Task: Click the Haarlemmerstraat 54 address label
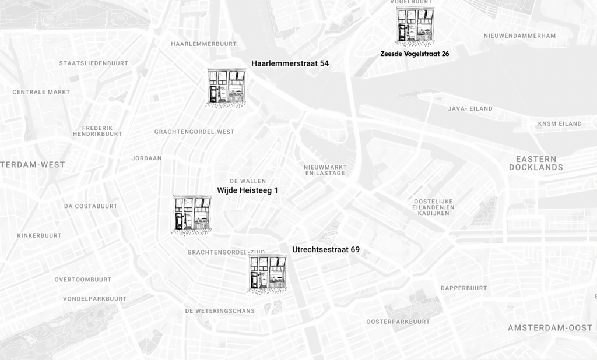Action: [x=290, y=63]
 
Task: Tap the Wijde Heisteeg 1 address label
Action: [x=247, y=190]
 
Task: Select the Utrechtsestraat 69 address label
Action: [x=326, y=250]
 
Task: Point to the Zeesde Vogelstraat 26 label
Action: [x=415, y=54]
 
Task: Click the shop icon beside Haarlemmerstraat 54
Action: [x=227, y=87]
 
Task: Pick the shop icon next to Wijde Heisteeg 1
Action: [x=192, y=214]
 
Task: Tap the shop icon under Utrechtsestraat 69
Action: [x=268, y=273]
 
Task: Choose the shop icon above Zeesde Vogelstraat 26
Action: [x=415, y=27]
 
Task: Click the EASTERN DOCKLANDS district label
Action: [x=536, y=163]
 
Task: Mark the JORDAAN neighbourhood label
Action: [x=146, y=158]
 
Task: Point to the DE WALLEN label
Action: [x=248, y=181]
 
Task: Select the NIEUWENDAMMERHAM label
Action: [x=519, y=36]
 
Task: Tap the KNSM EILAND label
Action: [x=560, y=123]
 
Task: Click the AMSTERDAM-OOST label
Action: [x=550, y=328]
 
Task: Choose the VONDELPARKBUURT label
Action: [x=94, y=299]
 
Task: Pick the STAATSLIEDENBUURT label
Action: [x=93, y=63]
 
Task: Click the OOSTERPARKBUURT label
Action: [x=398, y=322]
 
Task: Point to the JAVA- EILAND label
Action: [x=470, y=109]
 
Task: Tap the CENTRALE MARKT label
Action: [x=41, y=92]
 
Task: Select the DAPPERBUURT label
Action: [x=463, y=288]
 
